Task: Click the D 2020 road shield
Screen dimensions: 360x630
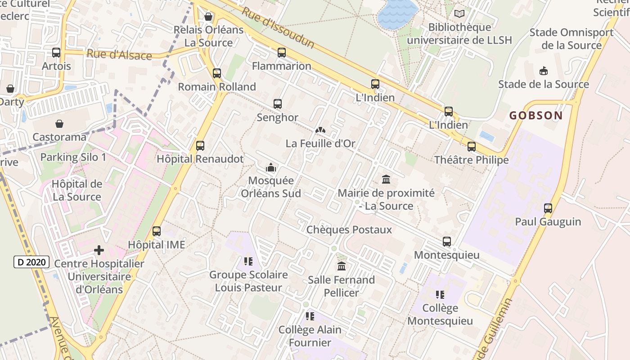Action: tap(31, 262)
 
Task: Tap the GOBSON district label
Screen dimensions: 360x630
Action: tap(536, 116)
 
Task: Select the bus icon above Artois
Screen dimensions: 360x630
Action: tap(56, 53)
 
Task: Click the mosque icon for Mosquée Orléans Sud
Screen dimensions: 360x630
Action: tap(271, 168)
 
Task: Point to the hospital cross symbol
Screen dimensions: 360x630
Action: tap(99, 250)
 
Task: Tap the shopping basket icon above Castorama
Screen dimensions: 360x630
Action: tap(59, 124)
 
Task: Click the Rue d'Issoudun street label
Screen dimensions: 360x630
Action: tap(278, 27)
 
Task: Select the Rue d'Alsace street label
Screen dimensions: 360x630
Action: tap(119, 55)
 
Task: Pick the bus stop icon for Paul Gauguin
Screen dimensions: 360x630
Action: tap(548, 208)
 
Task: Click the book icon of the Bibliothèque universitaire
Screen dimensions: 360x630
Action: tap(459, 14)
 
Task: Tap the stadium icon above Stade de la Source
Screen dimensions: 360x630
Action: tap(543, 71)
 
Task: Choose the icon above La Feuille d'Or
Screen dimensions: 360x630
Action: tap(320, 130)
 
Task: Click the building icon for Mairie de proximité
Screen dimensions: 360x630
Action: tap(386, 180)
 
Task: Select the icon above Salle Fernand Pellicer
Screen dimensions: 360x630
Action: tap(342, 266)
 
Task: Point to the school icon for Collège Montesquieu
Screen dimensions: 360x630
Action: tap(440, 295)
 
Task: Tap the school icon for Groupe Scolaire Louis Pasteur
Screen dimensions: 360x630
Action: tap(248, 261)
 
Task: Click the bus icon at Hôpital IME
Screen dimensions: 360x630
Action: tap(157, 231)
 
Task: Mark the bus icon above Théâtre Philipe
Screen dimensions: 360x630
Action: tap(471, 147)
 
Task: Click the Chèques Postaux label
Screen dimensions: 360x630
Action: tap(349, 230)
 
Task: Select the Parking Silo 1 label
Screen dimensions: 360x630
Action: tap(73, 157)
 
